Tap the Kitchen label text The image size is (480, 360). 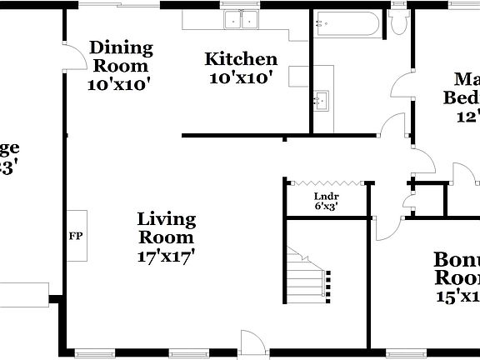point(241,59)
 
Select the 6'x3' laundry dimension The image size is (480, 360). point(326,207)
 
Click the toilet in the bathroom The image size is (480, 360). point(398,23)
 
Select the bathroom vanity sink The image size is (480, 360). point(322,102)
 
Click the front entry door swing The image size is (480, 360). point(252,342)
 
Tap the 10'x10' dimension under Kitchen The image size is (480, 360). point(240,77)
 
